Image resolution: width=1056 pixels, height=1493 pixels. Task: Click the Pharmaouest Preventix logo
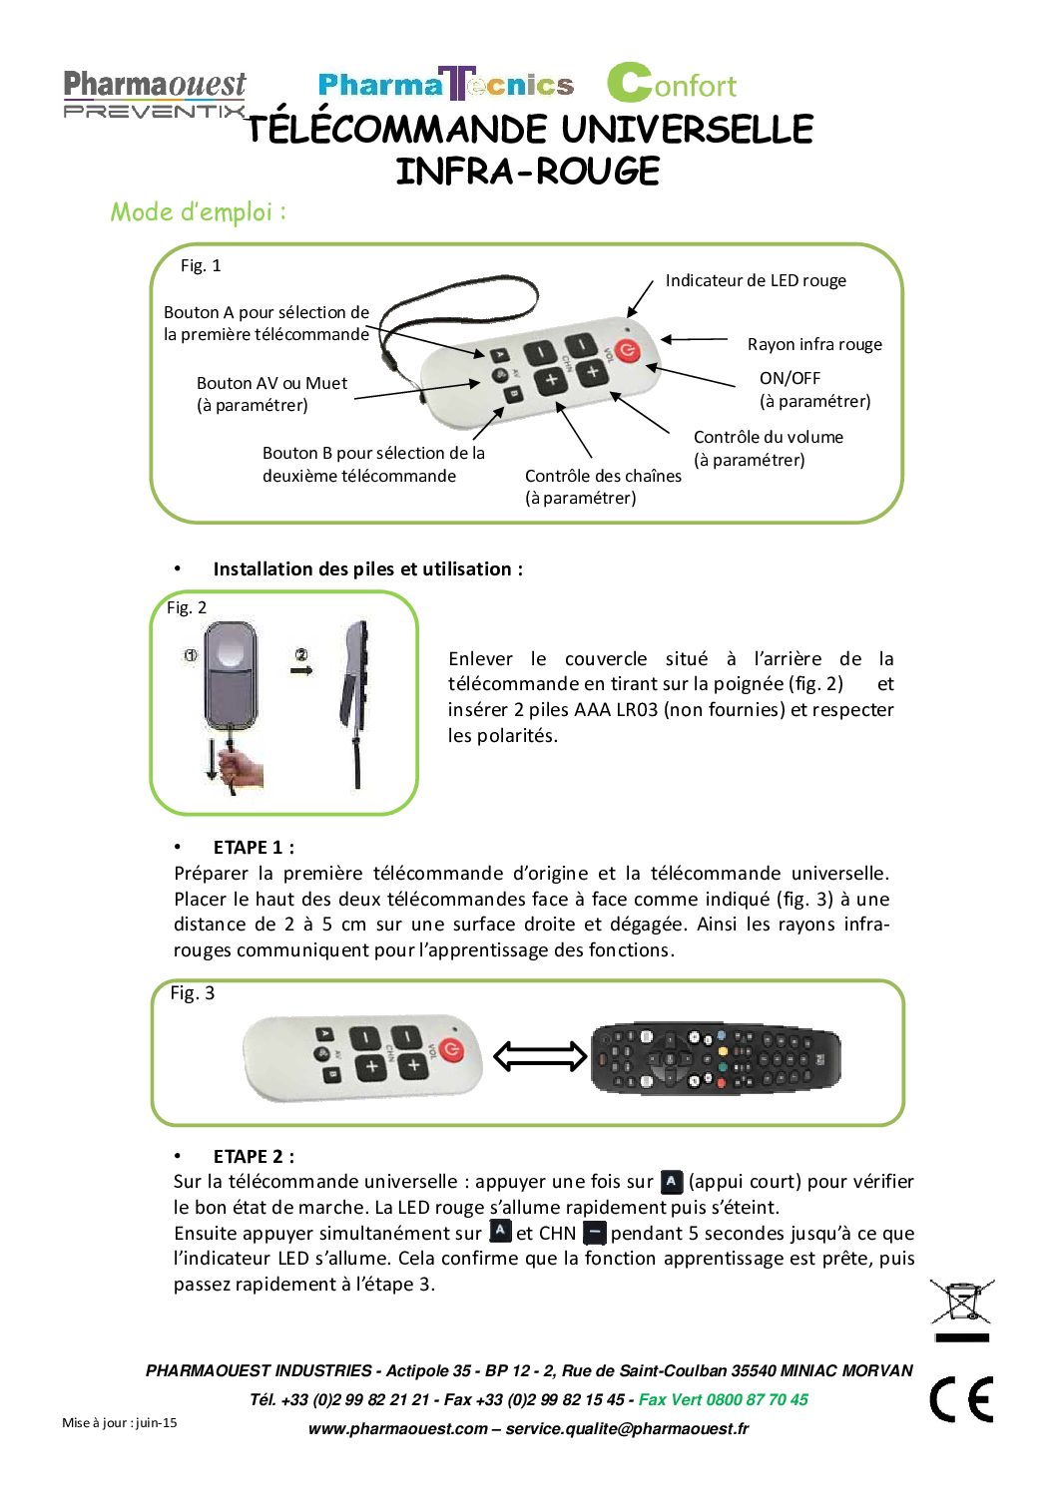pos(154,94)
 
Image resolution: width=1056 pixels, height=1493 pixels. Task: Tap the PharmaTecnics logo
pos(445,85)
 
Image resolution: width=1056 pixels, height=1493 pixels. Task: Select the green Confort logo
pos(671,84)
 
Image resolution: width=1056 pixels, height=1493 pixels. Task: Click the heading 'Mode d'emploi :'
pos(198,211)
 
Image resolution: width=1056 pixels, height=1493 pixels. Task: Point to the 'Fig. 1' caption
pos(201,265)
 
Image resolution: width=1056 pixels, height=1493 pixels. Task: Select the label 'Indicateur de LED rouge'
pos(756,280)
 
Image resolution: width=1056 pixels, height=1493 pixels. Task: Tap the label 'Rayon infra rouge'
pos(814,344)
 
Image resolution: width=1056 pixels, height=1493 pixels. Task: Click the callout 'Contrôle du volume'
pos(768,437)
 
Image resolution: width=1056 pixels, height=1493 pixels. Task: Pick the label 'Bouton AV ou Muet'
pos(271,383)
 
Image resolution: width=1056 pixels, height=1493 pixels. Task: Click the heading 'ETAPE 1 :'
pos(253,847)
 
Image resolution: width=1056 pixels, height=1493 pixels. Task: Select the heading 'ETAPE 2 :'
pos(253,1156)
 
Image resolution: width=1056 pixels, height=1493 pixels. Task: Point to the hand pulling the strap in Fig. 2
pos(239,767)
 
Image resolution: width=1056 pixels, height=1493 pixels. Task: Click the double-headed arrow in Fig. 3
pos(540,1055)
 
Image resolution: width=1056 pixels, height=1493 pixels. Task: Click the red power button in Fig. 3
pos(452,1050)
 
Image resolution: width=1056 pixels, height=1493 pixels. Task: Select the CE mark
pos(961,1398)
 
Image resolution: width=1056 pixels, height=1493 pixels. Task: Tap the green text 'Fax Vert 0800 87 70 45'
pos(723,1399)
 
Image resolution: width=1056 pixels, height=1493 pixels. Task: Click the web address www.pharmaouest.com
pos(397,1428)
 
